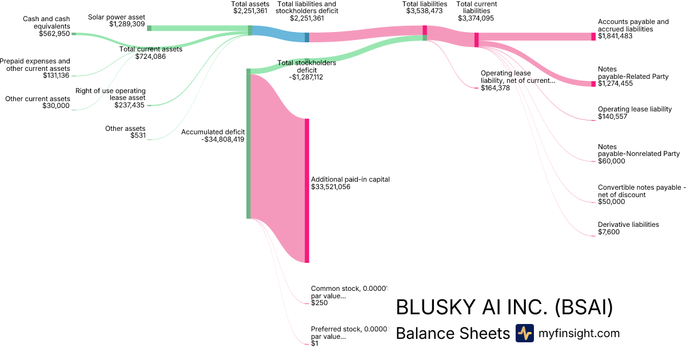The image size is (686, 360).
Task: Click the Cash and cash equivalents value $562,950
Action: [54, 34]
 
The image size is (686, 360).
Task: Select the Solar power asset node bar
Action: [149, 28]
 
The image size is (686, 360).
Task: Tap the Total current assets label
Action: [151, 49]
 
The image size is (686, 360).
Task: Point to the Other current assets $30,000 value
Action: [56, 106]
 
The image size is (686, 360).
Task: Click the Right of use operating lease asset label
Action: [110, 94]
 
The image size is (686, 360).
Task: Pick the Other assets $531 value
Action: [138, 135]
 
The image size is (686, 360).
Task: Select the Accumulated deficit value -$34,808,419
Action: [223, 139]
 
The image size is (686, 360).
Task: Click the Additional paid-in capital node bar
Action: [307, 191]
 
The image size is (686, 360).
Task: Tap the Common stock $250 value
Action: [320, 303]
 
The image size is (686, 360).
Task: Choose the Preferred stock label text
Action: [350, 333]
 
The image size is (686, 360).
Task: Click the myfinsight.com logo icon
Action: [525, 333]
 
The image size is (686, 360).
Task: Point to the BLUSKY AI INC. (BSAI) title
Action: [504, 307]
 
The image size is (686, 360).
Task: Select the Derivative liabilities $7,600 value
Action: [609, 232]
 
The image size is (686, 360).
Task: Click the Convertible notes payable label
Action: [641, 191]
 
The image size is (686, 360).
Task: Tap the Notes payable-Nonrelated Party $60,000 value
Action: [612, 161]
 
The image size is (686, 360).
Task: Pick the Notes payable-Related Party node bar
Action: [593, 84]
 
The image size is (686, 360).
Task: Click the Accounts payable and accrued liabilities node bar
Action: [593, 37]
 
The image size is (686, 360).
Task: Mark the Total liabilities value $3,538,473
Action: [424, 11]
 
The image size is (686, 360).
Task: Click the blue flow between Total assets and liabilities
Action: [278, 34]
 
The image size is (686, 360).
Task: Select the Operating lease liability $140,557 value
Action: [612, 117]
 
